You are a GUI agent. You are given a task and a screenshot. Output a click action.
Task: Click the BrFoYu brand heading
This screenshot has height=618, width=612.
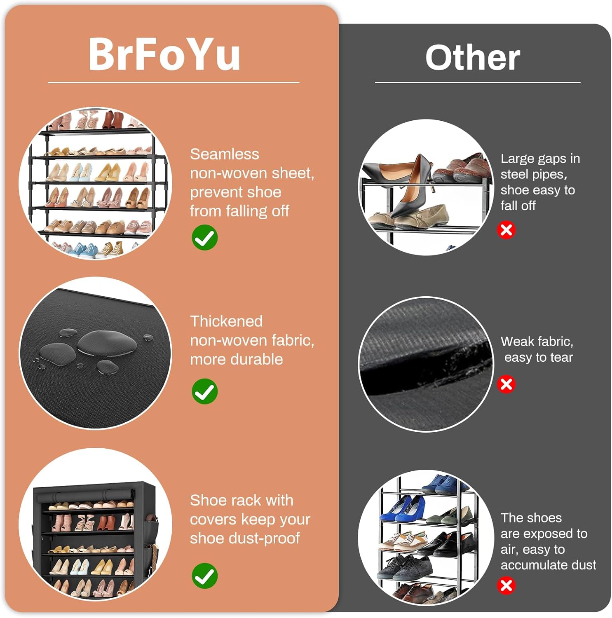[164, 54]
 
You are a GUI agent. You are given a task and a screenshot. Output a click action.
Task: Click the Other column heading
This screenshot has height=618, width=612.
[473, 58]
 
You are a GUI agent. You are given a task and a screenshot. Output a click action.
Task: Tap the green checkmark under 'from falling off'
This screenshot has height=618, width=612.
[205, 238]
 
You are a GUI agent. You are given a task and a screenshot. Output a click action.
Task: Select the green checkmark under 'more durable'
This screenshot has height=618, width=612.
[205, 391]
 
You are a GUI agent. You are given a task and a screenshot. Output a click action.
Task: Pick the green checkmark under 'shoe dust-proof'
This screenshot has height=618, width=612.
[205, 576]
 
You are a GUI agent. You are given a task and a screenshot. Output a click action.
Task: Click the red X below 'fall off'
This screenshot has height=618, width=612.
[506, 230]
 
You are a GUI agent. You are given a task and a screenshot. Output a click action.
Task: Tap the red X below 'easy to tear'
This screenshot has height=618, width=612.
[506, 384]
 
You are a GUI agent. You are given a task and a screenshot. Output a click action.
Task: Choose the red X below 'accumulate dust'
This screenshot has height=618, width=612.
[506, 585]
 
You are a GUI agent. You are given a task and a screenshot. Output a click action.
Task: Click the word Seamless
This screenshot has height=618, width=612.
[225, 154]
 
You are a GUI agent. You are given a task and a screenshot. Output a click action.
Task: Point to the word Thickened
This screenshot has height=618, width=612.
[226, 321]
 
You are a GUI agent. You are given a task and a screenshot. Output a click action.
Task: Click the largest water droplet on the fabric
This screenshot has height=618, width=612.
[107, 343]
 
